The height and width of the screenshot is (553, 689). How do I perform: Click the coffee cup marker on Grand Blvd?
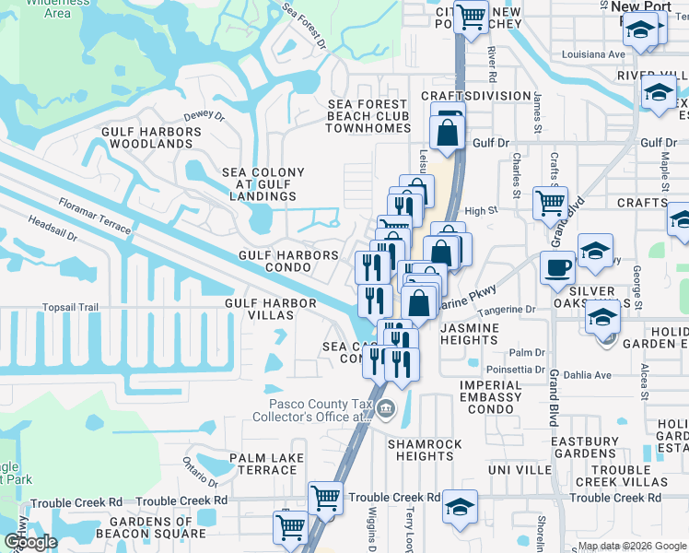point(557,267)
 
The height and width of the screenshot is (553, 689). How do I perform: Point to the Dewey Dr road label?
point(204,115)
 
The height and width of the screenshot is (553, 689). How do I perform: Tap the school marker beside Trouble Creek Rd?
point(460,506)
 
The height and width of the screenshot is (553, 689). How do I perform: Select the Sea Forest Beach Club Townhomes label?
point(368,116)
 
